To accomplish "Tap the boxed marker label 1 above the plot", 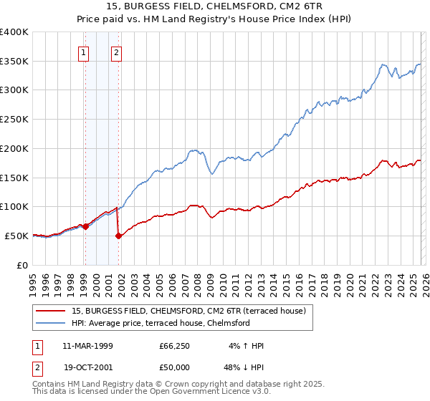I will tap(85, 52).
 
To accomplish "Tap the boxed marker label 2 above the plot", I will tap(116, 52).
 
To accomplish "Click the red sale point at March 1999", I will tap(85, 226).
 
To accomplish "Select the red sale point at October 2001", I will tap(118, 236).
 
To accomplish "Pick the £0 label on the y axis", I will tap(23, 264).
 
